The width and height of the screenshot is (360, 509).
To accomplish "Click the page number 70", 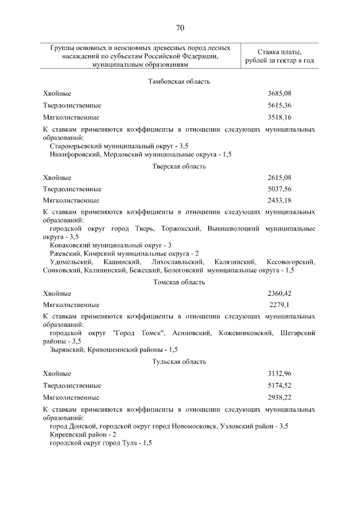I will [179, 28].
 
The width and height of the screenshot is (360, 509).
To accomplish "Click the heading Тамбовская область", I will [179, 82].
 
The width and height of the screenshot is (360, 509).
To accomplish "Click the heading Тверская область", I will [179, 166].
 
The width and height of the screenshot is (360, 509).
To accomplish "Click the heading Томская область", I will [179, 282].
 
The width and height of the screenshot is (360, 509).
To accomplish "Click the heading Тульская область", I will [179, 363].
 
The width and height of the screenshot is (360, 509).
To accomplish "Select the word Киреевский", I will [67, 435].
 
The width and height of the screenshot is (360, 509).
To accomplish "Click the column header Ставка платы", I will [280, 52].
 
